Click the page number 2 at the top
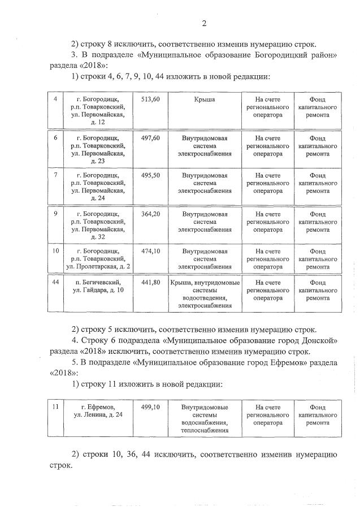pyautogui.click(x=204, y=23)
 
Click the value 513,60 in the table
pyautogui.click(x=150, y=99)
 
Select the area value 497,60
pyautogui.click(x=150, y=137)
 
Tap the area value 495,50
pyautogui.click(x=150, y=175)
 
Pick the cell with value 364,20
pyautogui.click(x=150, y=214)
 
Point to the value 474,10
pyautogui.click(x=150, y=251)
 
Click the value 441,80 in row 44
pyautogui.click(x=150, y=282)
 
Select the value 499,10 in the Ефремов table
pyautogui.click(x=150, y=406)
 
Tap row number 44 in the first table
pyautogui.click(x=56, y=282)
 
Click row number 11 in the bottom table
pyautogui.click(x=55, y=406)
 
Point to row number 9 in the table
pyautogui.click(x=55, y=214)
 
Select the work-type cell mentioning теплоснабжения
pyautogui.click(x=205, y=418)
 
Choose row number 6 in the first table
pyautogui.click(x=55, y=137)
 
